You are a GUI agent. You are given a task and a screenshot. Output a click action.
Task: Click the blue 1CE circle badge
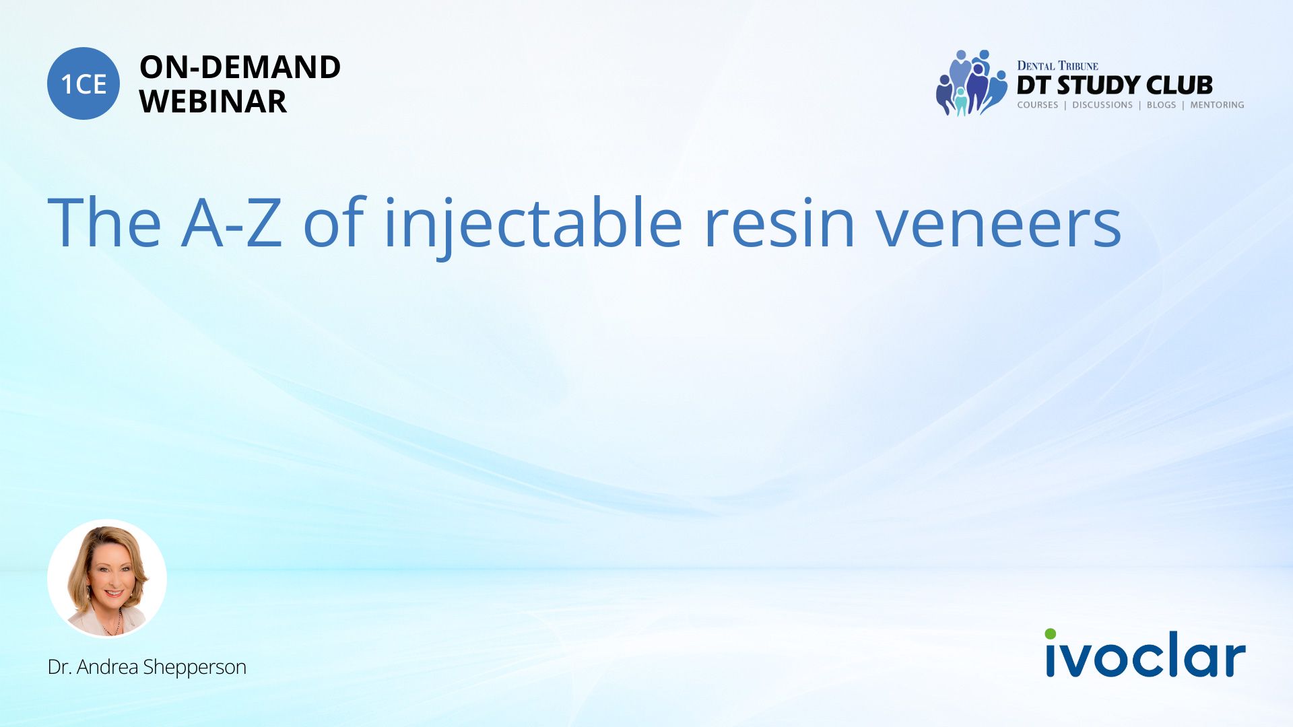pyautogui.click(x=84, y=83)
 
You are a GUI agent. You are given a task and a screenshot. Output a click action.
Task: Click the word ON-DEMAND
pyautogui.click(x=240, y=67)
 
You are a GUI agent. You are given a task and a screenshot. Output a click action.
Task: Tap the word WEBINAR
pyautogui.click(x=213, y=102)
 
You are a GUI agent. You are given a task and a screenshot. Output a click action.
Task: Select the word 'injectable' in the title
pyautogui.click(x=533, y=223)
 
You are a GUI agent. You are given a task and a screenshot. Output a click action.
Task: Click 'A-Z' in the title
pyautogui.click(x=232, y=222)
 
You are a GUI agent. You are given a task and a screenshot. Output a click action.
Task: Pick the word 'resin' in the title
pyautogui.click(x=779, y=223)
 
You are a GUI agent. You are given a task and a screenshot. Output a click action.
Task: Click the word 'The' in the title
pyautogui.click(x=104, y=222)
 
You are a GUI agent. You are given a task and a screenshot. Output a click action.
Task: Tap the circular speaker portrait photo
pyautogui.click(x=107, y=578)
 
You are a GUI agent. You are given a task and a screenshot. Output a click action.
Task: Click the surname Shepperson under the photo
pyautogui.click(x=195, y=668)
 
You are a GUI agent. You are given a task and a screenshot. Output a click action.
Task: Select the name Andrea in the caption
pyautogui.click(x=108, y=666)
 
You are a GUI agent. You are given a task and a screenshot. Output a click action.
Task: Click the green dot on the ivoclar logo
pyautogui.click(x=1051, y=634)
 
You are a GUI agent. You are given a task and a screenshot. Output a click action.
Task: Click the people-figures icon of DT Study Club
pyautogui.click(x=971, y=83)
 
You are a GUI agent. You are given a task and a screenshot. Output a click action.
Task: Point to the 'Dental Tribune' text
pyautogui.click(x=1057, y=65)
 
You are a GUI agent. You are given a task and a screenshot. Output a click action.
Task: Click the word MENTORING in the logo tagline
pyautogui.click(x=1217, y=105)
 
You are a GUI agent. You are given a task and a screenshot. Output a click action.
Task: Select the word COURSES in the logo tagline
pyautogui.click(x=1038, y=105)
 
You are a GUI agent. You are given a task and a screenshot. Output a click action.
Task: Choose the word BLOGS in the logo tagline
pyautogui.click(x=1161, y=105)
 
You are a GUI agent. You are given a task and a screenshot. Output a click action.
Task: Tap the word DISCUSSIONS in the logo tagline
pyautogui.click(x=1102, y=105)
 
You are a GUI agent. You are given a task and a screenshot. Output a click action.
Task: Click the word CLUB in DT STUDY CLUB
pyautogui.click(x=1179, y=85)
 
